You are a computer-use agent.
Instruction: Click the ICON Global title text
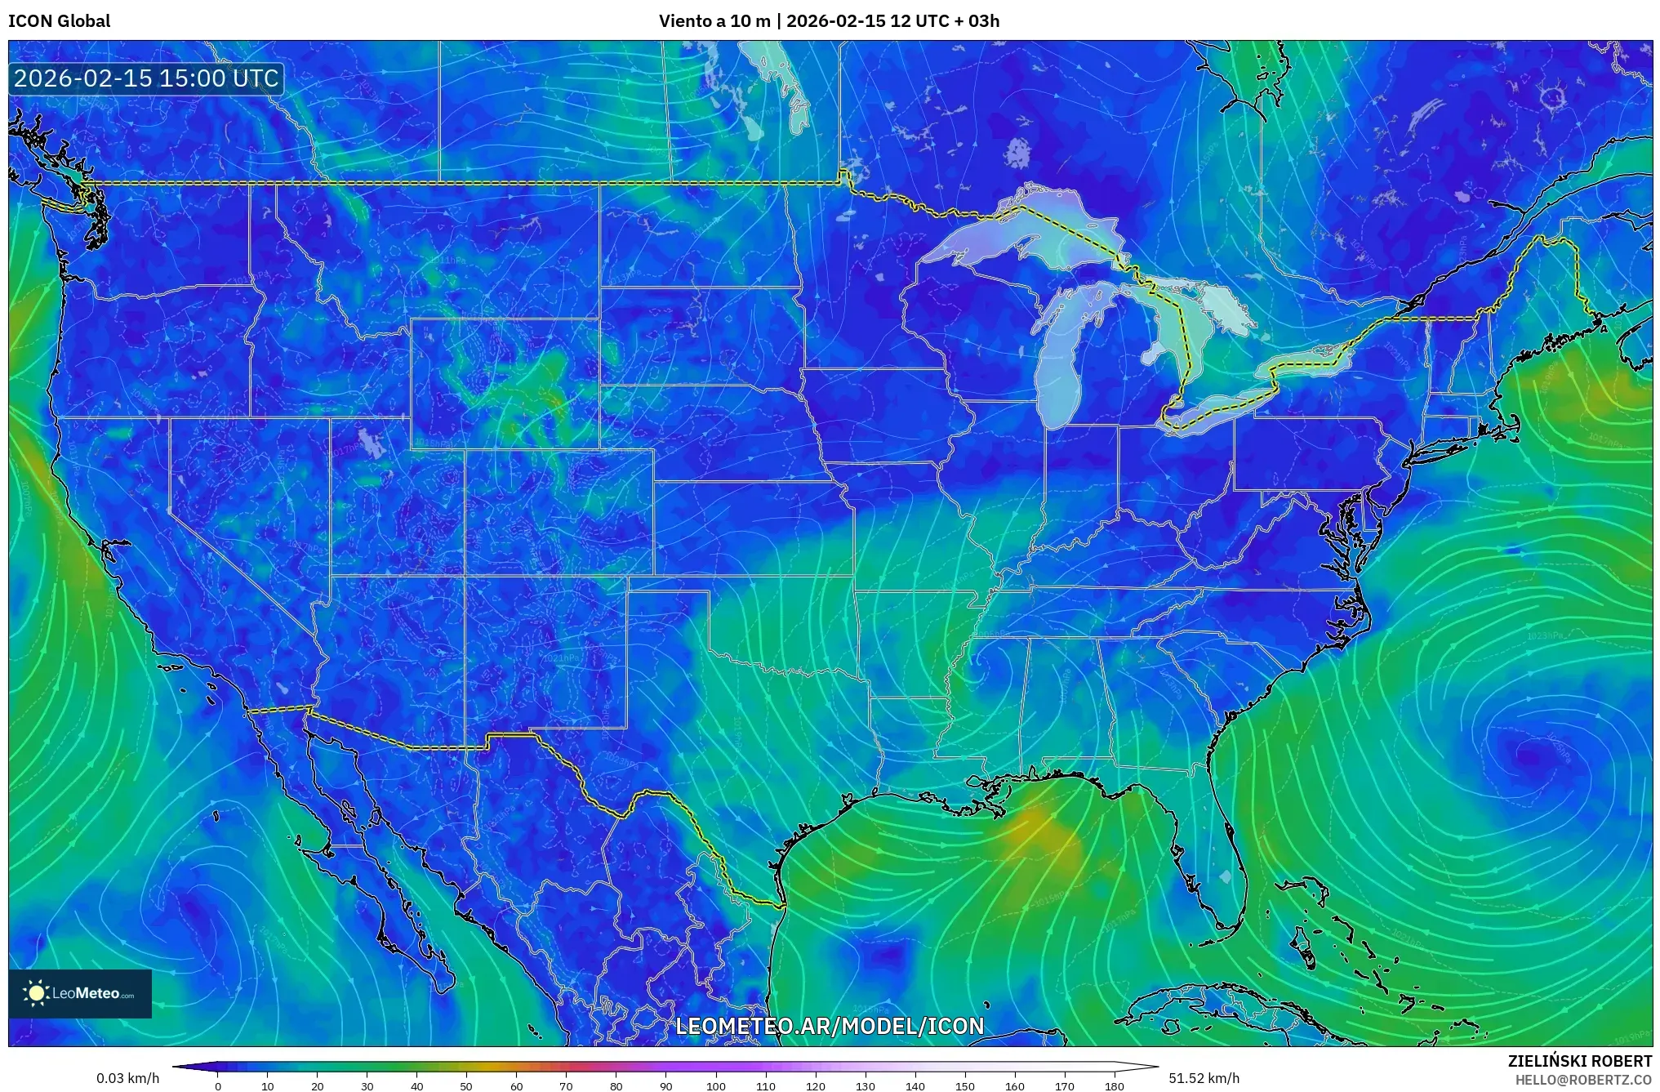point(59,21)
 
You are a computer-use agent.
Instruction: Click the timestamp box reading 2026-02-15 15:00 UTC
point(147,78)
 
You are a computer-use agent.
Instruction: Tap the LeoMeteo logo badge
point(80,993)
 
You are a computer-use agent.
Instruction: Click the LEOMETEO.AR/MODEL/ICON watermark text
point(830,1026)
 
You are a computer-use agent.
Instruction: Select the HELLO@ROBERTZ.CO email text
point(1583,1080)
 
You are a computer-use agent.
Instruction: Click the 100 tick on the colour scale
point(715,1085)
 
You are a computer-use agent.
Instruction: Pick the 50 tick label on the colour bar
point(466,1085)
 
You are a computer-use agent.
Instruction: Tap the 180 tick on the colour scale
point(1114,1085)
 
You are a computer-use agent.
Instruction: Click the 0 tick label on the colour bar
point(218,1085)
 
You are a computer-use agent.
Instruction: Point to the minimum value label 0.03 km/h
point(127,1078)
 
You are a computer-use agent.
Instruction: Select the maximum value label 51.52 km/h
point(1204,1078)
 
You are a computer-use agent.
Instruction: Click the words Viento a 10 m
point(714,21)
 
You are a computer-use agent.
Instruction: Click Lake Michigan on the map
point(1060,368)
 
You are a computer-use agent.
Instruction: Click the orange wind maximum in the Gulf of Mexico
point(1039,829)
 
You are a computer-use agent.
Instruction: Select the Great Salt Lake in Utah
point(372,444)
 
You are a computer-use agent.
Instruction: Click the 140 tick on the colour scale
point(915,1085)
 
